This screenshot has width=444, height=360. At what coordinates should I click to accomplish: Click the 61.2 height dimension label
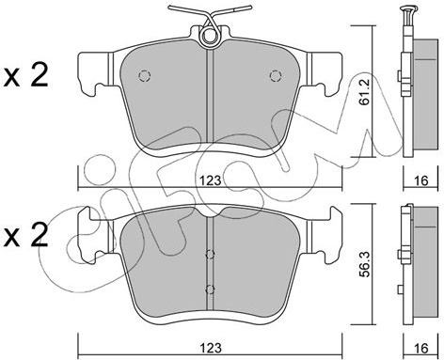pyautogui.click(x=365, y=92)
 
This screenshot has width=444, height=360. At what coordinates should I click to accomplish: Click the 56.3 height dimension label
pyautogui.click(x=365, y=264)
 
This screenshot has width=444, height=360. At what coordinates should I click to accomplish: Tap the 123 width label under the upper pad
pyautogui.click(x=211, y=180)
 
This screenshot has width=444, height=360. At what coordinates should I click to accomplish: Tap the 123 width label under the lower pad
pyautogui.click(x=211, y=348)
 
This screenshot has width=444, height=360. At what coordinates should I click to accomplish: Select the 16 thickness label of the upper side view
pyautogui.click(x=420, y=180)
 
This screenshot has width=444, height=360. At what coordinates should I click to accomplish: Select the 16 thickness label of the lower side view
pyautogui.click(x=420, y=348)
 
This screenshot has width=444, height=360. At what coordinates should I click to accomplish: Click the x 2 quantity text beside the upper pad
pyautogui.click(x=25, y=75)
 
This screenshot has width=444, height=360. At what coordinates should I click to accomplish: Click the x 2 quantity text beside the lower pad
pyautogui.click(x=25, y=236)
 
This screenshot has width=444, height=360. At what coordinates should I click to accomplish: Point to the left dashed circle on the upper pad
pyautogui.click(x=145, y=75)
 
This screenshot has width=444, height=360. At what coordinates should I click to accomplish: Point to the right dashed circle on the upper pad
pyautogui.click(x=276, y=75)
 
